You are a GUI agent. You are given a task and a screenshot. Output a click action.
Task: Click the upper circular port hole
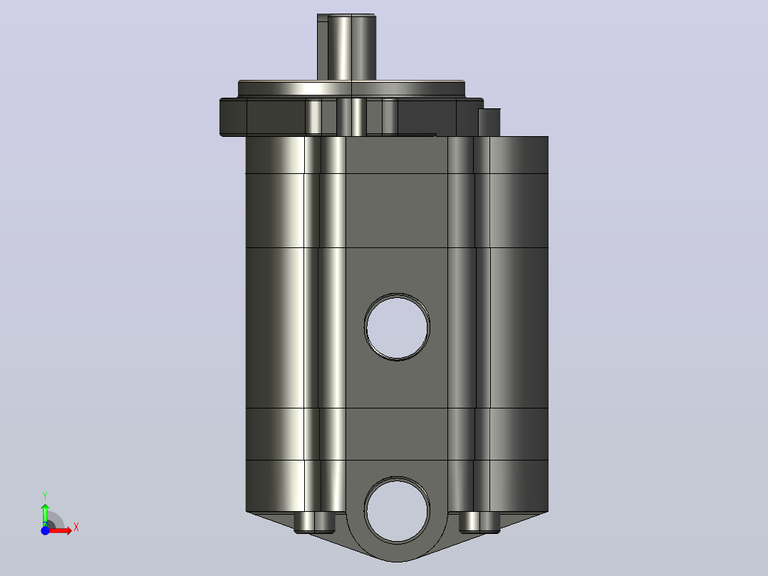click(x=397, y=327)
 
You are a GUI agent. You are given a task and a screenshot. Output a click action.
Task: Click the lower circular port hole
click(x=397, y=510)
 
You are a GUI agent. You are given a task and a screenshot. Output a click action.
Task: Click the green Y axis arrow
click(x=45, y=515)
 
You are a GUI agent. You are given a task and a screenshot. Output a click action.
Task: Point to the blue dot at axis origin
click(x=45, y=530)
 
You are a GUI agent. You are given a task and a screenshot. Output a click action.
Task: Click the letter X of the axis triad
click(x=76, y=528)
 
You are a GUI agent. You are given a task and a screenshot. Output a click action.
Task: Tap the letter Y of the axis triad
click(x=45, y=496)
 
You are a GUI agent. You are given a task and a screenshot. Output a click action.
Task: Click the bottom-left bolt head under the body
click(x=314, y=523)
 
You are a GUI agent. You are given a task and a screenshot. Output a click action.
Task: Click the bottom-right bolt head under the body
click(x=479, y=523)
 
